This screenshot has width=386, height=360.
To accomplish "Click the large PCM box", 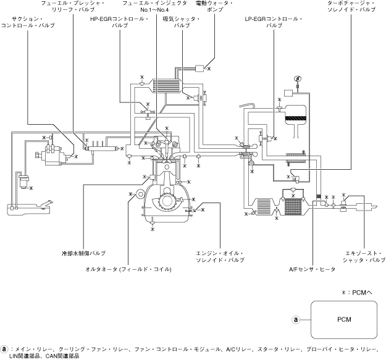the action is coord(344,320).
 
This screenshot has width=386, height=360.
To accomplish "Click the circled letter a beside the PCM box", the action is coord(296,320).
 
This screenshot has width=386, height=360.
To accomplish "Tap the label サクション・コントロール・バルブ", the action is coord(28,22).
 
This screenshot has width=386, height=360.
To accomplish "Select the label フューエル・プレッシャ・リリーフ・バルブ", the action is coord(73,6).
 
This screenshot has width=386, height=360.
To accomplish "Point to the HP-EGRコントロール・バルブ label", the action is coord(120,22).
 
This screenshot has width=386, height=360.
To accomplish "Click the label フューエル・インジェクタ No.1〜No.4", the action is coord(154,6).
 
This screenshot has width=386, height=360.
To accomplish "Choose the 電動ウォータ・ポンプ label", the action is coord(215,6).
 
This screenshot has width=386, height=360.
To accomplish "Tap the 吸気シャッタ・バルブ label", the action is coord(182,22).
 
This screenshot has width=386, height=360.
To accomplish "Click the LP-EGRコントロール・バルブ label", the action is coord(274,22).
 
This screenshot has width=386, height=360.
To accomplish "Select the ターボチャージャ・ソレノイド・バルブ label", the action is coord(351,6).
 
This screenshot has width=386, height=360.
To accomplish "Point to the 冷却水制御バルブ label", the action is coord(83,253).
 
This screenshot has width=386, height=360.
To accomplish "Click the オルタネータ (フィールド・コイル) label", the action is coord(128,269).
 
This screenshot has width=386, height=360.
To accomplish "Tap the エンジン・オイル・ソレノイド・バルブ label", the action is coord(220,257).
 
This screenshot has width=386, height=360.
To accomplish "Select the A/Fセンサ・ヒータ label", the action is coord(312,269).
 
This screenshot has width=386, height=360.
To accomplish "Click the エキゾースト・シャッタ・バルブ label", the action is coord(364,257).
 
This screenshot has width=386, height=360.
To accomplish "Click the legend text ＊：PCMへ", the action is coord(357,292).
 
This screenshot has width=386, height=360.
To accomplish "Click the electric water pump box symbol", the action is coord(199,68).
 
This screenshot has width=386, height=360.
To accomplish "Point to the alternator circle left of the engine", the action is coord(139,194).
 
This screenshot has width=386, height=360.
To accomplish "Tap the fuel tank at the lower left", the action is coord(29,209).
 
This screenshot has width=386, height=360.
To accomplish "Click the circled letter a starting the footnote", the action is coord(4,349).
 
